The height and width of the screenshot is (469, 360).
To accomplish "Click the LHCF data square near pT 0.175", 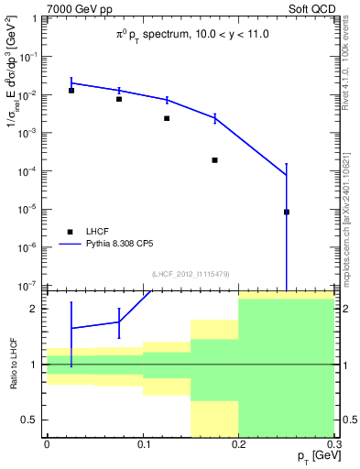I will (214, 160).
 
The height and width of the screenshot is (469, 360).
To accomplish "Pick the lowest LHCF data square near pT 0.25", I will (287, 212).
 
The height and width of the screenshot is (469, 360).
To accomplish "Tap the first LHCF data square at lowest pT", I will (71, 90).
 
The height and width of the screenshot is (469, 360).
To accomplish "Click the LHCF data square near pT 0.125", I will (167, 118).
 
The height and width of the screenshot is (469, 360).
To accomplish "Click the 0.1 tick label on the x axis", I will (142, 444).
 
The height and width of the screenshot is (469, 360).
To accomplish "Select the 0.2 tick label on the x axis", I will (238, 444).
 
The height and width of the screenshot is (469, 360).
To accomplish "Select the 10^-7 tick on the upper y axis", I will (29, 286).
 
